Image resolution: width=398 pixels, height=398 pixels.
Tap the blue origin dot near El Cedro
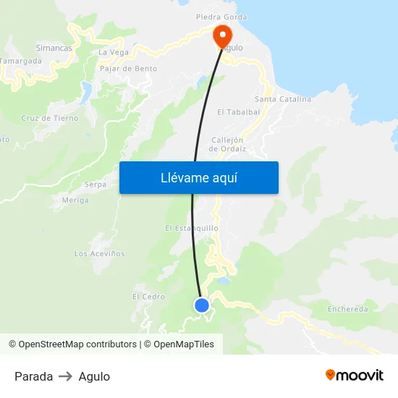coord(202,305)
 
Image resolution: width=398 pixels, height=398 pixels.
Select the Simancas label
coord(54,47)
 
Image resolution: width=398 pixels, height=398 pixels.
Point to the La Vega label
coord(114,52)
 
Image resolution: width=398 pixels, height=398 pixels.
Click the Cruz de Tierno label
coord(50,118)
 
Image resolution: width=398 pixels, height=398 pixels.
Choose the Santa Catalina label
coord(283,99)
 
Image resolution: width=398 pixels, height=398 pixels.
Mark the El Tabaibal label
coord(238,112)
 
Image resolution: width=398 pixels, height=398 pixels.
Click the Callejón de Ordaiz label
coord(228,144)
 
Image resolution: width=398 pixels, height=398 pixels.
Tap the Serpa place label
coord(96,185)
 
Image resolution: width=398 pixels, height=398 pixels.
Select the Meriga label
coord(75,200)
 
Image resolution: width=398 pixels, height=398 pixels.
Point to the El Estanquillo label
coord(192,228)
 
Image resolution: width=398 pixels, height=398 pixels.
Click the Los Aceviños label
coord(100,254)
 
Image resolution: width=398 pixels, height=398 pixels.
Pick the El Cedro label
coord(148,297)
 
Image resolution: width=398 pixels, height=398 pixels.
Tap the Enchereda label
coord(347,309)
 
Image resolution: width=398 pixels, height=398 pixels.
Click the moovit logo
coord(355,376)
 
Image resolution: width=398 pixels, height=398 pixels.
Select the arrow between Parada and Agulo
coord(66,376)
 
